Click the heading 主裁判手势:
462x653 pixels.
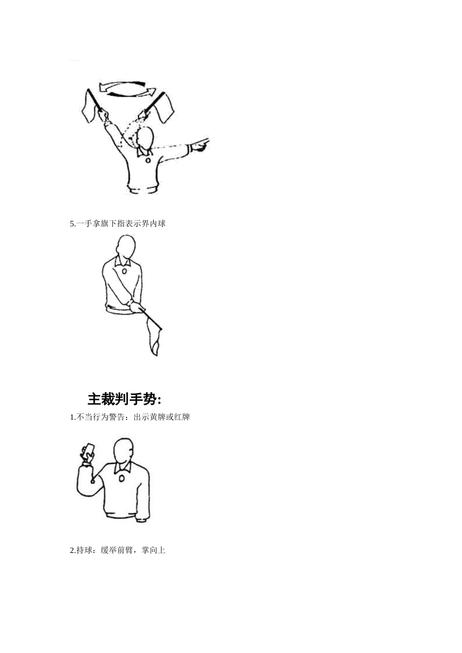pyautogui.click(x=124, y=399)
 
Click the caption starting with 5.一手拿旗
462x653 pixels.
pyautogui.click(x=118, y=223)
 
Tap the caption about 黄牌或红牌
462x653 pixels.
pyautogui.click(x=130, y=417)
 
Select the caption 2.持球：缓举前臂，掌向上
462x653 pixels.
pyautogui.click(x=118, y=550)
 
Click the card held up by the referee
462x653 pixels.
pyautogui.click(x=89, y=449)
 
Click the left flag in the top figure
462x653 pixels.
pyautogui.click(x=89, y=107)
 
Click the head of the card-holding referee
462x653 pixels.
pyautogui.click(x=123, y=451)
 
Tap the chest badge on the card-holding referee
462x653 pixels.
pyautogui.click(x=121, y=479)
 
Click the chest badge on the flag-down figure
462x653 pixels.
pyautogui.click(x=124, y=271)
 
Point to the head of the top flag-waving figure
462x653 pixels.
pyautogui.click(x=145, y=138)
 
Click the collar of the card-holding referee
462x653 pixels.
pyautogui.click(x=123, y=468)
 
